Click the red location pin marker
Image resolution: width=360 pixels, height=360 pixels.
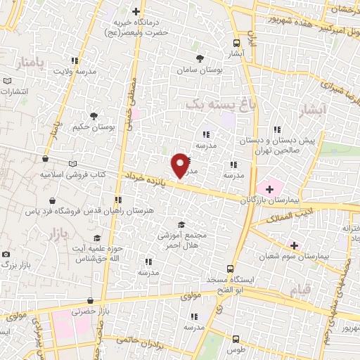181,164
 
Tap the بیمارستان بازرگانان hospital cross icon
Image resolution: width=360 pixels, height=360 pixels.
269,188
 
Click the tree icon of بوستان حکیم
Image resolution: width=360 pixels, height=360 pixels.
94,115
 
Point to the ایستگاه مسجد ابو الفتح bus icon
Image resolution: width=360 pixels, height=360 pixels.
230,269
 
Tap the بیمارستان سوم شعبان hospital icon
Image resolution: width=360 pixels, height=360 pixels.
294,245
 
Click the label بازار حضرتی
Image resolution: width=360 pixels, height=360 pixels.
87,310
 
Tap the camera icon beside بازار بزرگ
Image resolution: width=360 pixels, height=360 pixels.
6,254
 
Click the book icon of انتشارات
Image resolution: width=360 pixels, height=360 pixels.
7,81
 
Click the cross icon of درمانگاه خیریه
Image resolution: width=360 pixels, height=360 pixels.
136,11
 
